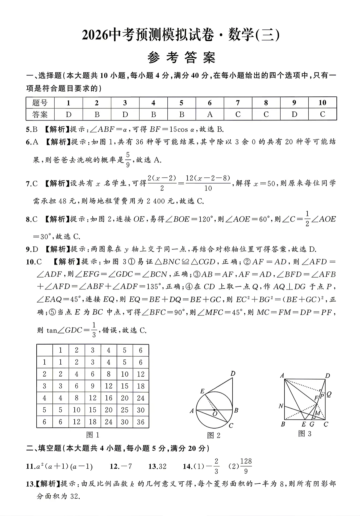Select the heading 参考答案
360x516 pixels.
pyautogui.click(x=182, y=58)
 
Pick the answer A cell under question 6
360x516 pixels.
pyautogui.click(x=210, y=114)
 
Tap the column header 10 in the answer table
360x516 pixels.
pyautogui.click(x=322, y=103)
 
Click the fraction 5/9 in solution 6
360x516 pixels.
pyautogui.click(x=128, y=159)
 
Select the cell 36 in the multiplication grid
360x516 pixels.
pyautogui.click(x=141, y=422)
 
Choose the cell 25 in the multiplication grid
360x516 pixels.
pyautogui.click(x=125, y=410)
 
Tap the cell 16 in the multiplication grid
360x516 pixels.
pyautogui.click(x=109, y=398)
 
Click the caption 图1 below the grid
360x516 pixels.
pyautogui.click(x=93, y=435)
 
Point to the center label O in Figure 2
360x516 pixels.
pyautogui.click(x=215, y=414)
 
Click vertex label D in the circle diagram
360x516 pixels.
pyautogui.click(x=233, y=374)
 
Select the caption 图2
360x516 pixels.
pyautogui.click(x=214, y=435)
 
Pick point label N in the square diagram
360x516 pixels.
pyautogui.click(x=281, y=406)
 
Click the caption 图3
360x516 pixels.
pyautogui.click(x=305, y=434)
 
